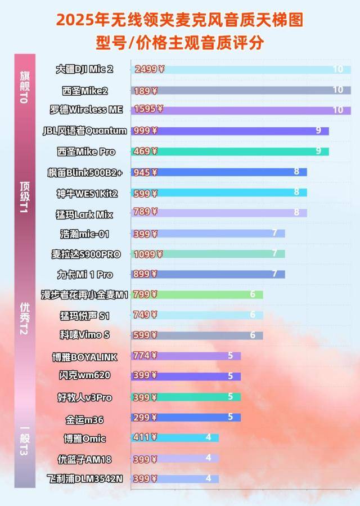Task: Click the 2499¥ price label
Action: (149, 69)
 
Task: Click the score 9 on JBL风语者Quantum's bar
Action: (318, 131)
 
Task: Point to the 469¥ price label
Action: (146, 151)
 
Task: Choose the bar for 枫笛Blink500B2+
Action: (219, 172)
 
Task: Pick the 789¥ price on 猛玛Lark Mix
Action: (146, 212)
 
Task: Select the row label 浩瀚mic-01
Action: (86, 233)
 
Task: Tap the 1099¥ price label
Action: (147, 254)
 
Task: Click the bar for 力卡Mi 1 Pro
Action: (208, 274)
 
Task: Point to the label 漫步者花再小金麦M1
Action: (85, 294)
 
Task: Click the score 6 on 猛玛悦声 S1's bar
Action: (253, 315)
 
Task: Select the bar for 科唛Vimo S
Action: (197, 335)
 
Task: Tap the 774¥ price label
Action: (145, 356)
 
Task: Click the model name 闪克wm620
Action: (84, 375)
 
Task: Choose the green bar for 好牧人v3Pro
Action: (186, 397)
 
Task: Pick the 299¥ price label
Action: (145, 417)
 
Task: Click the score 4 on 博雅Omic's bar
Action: (208, 437)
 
